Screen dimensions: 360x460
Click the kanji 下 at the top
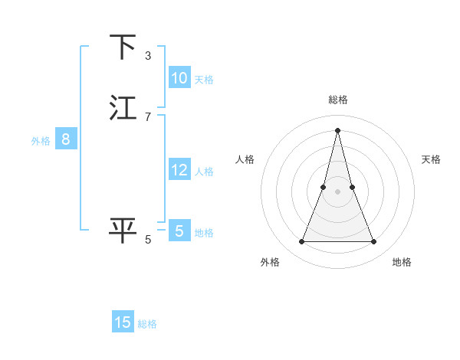coord(123,47)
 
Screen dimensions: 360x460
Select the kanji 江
coord(123,108)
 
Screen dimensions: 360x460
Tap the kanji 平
coord(123,231)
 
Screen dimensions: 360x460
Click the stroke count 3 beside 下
coord(148,56)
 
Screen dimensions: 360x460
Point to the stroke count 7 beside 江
coord(148,116)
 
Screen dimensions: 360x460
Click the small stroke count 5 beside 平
coord(148,240)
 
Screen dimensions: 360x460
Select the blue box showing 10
coord(179,78)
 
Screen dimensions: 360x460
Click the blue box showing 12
coord(179,170)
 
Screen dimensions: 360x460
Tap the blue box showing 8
coord(66,139)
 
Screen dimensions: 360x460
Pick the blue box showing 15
coord(123,322)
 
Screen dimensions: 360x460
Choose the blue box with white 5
coord(179,231)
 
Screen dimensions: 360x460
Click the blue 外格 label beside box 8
coord(41,141)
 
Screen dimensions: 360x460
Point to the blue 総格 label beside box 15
coord(147,324)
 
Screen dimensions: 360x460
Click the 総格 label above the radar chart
coord(337,100)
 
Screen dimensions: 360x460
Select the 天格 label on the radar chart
coord(431,159)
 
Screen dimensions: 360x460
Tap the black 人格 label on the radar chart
coord(245,159)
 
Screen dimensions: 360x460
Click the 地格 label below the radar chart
coord(402,262)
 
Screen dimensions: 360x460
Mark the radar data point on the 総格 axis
coord(337,130)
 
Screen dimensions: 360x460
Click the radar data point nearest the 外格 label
coord(301,242)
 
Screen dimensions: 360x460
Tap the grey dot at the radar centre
coord(337,191)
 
